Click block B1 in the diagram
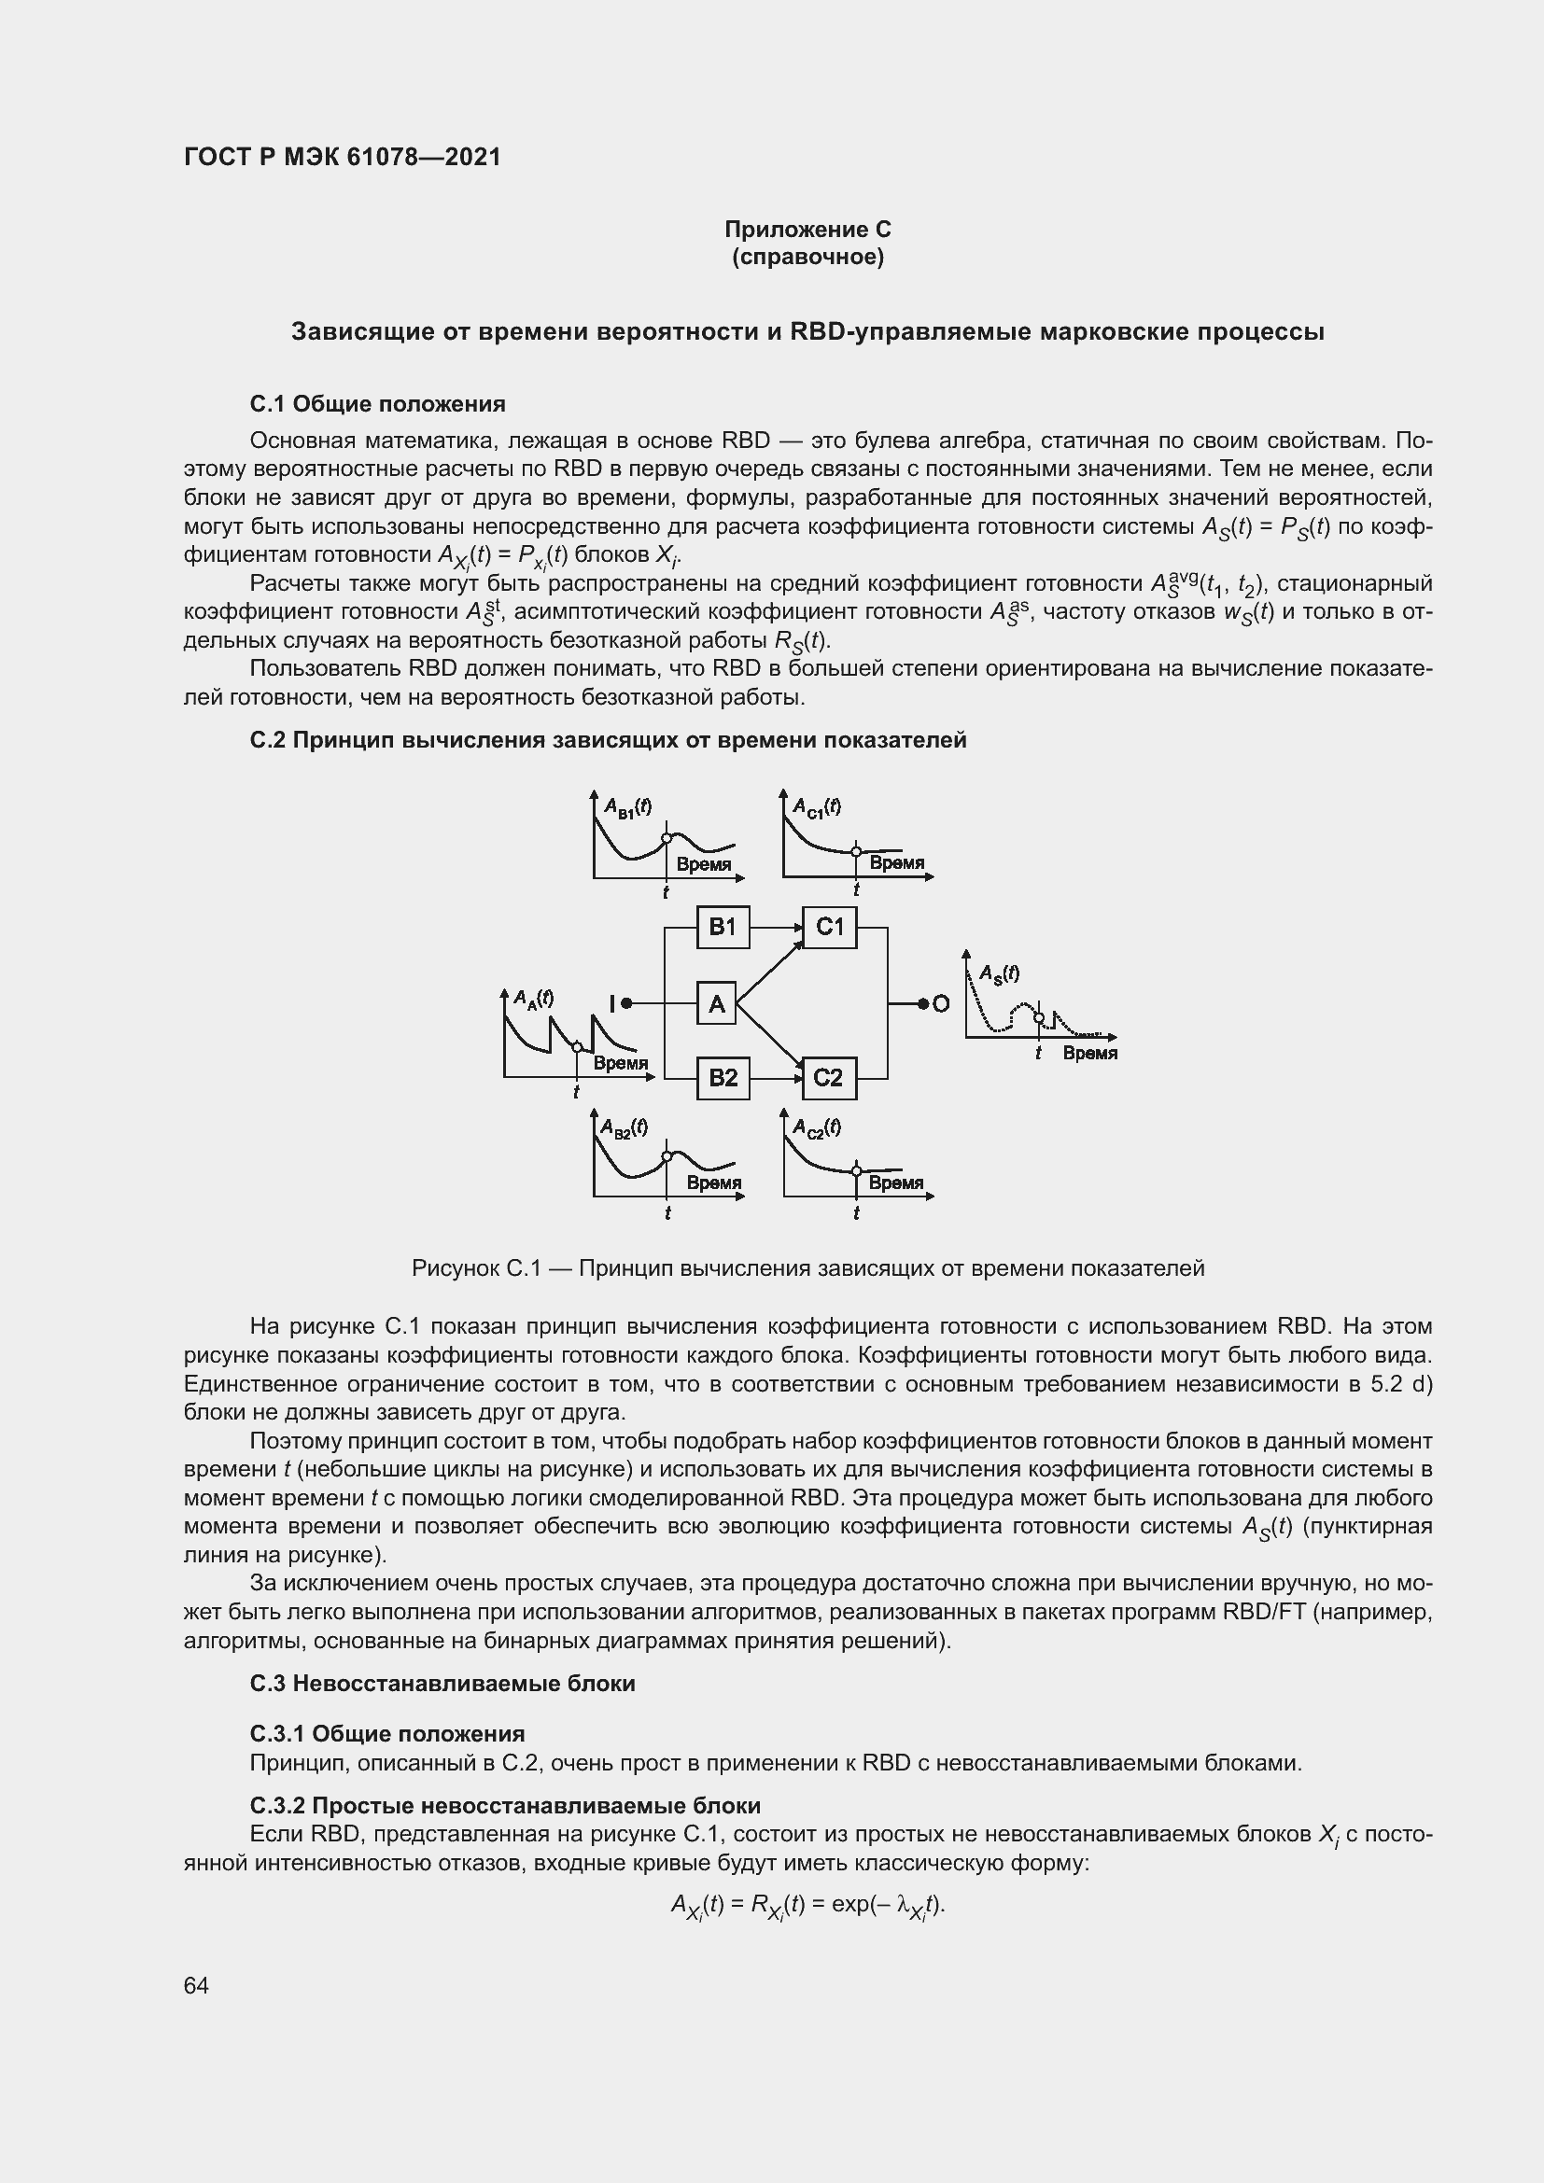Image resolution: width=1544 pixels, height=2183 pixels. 723,927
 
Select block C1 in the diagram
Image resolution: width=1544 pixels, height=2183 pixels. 829,927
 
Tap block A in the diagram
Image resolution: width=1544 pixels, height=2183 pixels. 717,1003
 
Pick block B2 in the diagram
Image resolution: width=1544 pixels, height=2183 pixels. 723,1078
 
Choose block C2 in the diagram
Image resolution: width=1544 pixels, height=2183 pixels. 829,1078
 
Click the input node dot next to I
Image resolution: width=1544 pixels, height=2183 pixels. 626,1003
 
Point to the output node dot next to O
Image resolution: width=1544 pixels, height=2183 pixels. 923,1003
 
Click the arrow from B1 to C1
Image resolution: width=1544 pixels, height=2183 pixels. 776,927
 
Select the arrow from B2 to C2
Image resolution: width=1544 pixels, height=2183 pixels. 776,1078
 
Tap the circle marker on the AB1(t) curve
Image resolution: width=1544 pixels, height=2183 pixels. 666,837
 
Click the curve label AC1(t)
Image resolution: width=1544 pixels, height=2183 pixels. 817,807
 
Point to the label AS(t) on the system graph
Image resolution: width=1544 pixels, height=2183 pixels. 999,973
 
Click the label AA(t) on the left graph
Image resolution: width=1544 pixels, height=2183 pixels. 533,998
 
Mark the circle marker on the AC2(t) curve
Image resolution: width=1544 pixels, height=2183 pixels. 856,1169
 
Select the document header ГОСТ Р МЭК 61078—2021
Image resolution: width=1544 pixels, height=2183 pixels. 343,157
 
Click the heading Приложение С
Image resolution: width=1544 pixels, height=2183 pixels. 807,230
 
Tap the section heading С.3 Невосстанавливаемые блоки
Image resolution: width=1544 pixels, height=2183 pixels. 442,1684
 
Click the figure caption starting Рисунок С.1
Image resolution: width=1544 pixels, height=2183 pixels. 807,1268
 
